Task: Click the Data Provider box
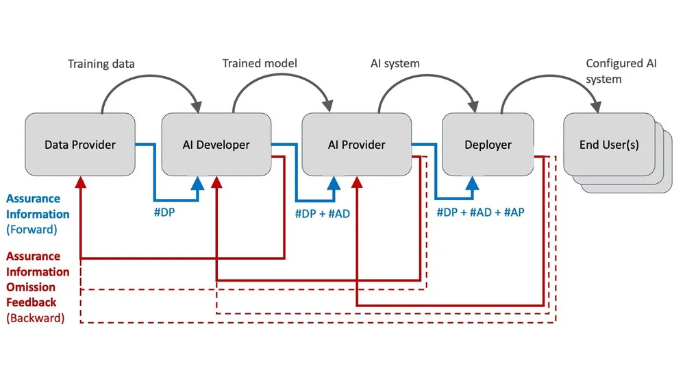tap(80, 145)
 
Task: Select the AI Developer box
tap(216, 145)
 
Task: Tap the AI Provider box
tap(357, 145)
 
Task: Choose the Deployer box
tap(488, 145)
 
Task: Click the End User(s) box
tap(609, 145)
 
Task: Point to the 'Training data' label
tap(101, 64)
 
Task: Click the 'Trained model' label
tap(260, 64)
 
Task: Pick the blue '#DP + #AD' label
tap(322, 214)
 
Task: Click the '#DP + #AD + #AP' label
tap(480, 213)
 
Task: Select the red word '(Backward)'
tap(35, 318)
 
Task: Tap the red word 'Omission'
tap(31, 287)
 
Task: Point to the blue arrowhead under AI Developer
tap(199, 182)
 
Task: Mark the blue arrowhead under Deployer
tap(473, 182)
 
